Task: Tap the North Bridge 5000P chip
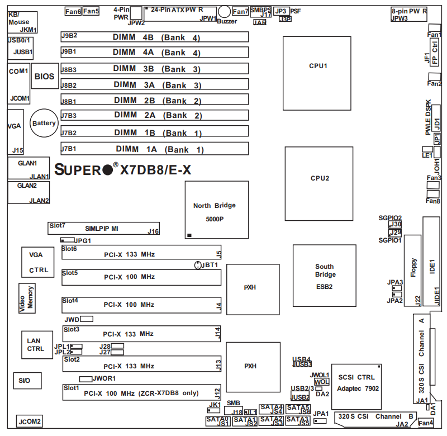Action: pos(214,211)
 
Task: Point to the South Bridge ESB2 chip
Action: pos(324,275)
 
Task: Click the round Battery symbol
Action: pos(44,123)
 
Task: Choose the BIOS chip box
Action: pos(45,77)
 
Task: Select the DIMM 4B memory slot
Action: pos(154,37)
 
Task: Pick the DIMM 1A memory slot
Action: pos(154,149)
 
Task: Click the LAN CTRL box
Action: pos(34,345)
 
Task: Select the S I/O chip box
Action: pos(25,381)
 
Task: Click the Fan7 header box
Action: pos(240,11)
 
